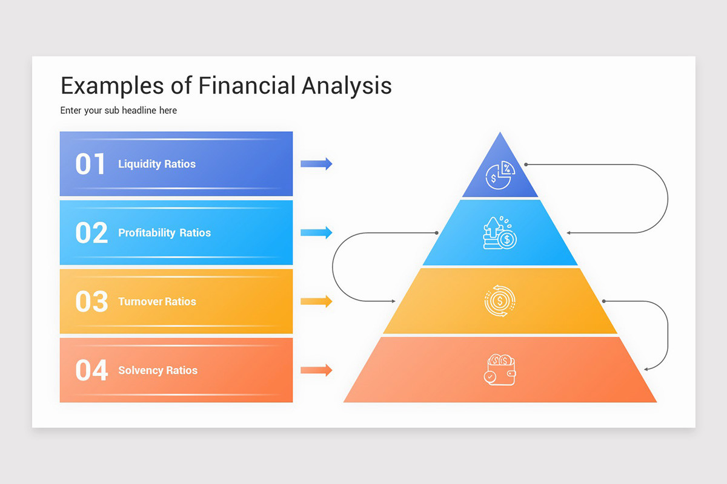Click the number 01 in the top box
click(x=90, y=164)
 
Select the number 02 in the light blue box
click(x=91, y=233)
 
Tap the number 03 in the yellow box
click(x=91, y=301)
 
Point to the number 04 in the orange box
click(x=91, y=370)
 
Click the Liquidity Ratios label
click(x=157, y=164)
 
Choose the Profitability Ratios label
click(x=164, y=233)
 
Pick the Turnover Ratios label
click(x=157, y=301)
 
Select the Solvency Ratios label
click(x=158, y=370)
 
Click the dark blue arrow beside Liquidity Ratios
click(x=316, y=163)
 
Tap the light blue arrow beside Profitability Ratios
click(x=316, y=232)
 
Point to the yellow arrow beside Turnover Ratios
click(x=316, y=301)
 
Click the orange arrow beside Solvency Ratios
click(x=316, y=370)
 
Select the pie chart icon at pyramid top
click(x=500, y=175)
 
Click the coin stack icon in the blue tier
click(x=500, y=234)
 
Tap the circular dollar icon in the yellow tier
click(x=500, y=301)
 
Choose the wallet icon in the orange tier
click(x=500, y=370)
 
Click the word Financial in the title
click(x=247, y=86)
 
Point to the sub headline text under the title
click(x=119, y=111)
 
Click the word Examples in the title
click(x=112, y=86)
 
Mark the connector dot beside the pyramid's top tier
click(x=526, y=164)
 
